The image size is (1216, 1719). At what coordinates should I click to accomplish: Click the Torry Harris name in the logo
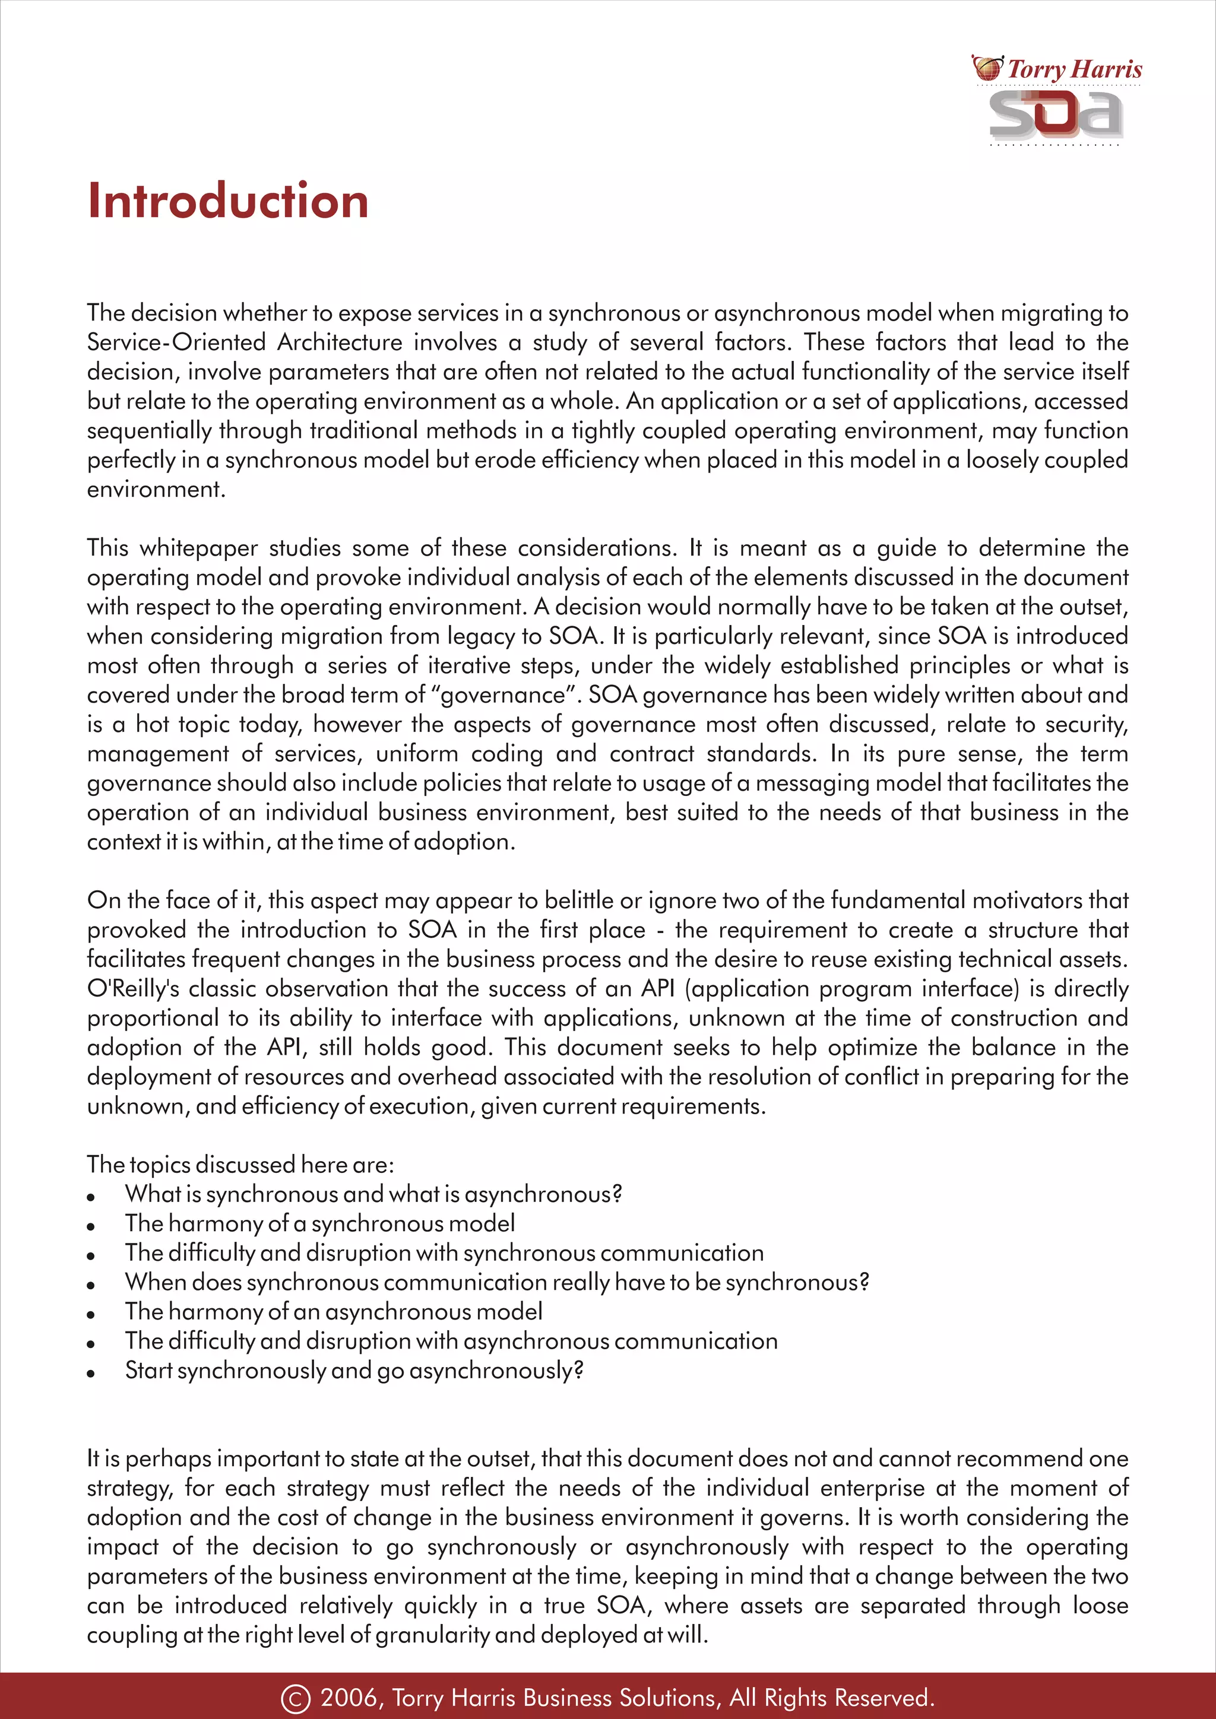(x=1075, y=69)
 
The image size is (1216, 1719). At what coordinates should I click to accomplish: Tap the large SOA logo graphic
(x=1056, y=115)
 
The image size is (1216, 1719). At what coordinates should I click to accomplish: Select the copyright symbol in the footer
(x=295, y=1698)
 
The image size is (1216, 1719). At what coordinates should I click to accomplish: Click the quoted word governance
(x=503, y=695)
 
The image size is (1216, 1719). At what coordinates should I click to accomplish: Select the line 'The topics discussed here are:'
(x=240, y=1165)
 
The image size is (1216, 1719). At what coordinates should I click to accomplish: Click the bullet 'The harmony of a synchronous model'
(x=319, y=1223)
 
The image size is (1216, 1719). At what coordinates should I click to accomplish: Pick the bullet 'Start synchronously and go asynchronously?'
(x=354, y=1370)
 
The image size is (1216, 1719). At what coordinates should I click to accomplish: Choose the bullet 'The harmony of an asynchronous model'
(x=333, y=1312)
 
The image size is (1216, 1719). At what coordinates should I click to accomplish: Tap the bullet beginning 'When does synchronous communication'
(x=496, y=1283)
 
